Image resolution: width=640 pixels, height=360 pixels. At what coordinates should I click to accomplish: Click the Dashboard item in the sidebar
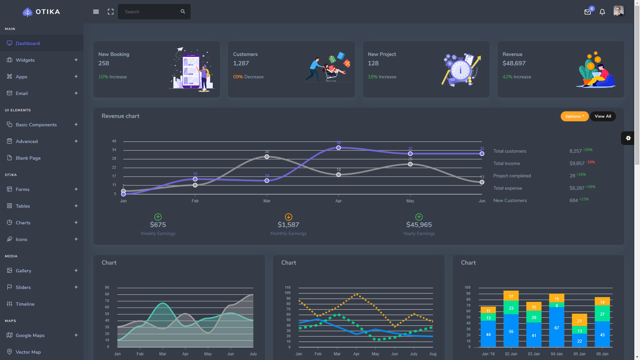click(28, 43)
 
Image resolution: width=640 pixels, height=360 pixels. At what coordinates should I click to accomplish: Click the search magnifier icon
click(183, 11)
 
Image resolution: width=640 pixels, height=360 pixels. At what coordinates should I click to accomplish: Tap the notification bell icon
click(602, 12)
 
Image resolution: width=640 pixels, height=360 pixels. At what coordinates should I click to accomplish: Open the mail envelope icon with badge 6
click(588, 12)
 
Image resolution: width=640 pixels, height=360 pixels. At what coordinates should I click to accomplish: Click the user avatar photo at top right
click(618, 11)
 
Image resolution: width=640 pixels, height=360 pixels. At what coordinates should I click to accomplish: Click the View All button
click(603, 116)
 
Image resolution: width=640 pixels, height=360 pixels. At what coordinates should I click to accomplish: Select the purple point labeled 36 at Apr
click(338, 148)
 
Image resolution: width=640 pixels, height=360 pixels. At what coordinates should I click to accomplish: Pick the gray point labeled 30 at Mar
click(267, 157)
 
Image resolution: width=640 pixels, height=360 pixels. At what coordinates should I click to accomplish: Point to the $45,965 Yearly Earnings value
click(419, 225)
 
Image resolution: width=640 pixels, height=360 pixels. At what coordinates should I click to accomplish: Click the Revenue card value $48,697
click(514, 63)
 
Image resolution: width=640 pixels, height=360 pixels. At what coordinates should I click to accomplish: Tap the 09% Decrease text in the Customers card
click(248, 77)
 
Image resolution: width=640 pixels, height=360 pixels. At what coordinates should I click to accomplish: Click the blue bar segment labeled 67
click(556, 327)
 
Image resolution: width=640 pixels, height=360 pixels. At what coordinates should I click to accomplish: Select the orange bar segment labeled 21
click(579, 320)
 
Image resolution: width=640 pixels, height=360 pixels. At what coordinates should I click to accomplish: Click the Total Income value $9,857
click(577, 163)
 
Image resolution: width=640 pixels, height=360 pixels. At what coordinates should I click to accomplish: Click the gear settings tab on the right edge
click(628, 138)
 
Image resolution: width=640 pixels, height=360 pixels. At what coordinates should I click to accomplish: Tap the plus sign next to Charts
click(76, 222)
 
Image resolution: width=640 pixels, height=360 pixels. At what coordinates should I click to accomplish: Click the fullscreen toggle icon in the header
click(111, 12)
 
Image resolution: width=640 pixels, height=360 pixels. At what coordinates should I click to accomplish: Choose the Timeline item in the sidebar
click(25, 304)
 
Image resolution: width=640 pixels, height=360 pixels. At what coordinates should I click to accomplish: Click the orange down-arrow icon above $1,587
click(288, 217)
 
